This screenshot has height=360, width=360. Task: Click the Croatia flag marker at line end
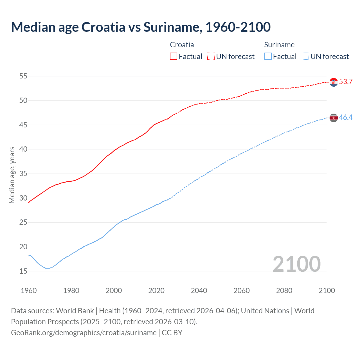click(334, 82)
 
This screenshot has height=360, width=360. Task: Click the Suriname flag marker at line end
click(334, 118)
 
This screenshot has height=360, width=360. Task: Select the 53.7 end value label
click(346, 82)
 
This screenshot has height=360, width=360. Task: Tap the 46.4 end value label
click(346, 118)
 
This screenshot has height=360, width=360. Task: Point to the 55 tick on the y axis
click(23, 76)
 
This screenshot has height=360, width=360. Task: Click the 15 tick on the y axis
click(23, 271)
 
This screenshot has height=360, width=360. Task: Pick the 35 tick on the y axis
click(23, 174)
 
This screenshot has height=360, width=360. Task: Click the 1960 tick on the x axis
click(29, 291)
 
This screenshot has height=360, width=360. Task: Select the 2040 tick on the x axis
click(199, 291)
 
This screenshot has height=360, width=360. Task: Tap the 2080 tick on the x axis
click(284, 291)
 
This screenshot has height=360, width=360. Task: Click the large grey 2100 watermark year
click(296, 264)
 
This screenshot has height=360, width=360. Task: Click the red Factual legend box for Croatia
click(174, 57)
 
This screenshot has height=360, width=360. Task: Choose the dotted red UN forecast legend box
click(211, 57)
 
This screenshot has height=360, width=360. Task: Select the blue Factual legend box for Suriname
click(268, 57)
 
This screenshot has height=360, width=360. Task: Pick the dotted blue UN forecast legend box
click(305, 57)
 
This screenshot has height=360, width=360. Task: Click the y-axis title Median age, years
click(12, 175)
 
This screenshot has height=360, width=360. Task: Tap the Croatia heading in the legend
click(182, 45)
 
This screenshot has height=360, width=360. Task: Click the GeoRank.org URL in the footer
click(84, 333)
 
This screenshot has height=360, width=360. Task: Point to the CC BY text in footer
click(172, 333)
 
